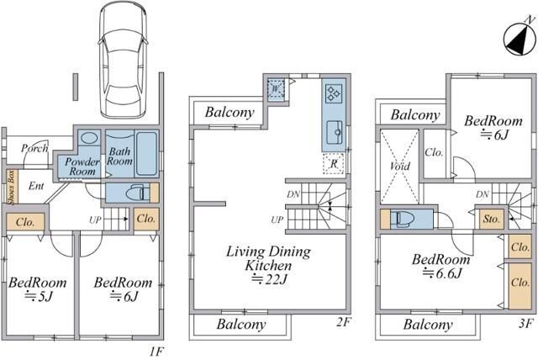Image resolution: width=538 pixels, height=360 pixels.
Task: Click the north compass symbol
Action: (x=520, y=39)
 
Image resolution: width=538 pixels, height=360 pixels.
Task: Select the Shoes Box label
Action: (x=11, y=187)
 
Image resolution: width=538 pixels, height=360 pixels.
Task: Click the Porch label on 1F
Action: (x=34, y=148)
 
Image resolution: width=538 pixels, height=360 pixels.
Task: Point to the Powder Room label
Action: (x=82, y=167)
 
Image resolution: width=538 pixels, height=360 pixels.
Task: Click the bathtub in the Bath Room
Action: (x=146, y=153)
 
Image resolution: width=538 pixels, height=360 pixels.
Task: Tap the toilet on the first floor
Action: (x=138, y=193)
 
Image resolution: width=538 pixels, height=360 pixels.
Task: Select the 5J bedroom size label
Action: (x=39, y=296)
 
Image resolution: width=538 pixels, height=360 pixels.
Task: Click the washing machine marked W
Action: (x=276, y=89)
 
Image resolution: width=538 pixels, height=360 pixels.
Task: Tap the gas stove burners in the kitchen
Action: (x=334, y=93)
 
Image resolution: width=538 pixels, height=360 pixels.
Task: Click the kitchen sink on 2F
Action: (x=335, y=132)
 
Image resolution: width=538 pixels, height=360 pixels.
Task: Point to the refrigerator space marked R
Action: (x=333, y=164)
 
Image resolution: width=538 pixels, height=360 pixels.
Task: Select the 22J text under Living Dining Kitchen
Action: (x=269, y=280)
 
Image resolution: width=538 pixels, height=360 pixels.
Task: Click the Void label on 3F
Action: (x=400, y=166)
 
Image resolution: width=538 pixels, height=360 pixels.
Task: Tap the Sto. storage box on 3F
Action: (x=491, y=219)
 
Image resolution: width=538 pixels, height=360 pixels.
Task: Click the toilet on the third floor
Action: (x=404, y=219)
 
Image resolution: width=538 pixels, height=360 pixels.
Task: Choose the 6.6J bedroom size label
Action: (x=442, y=273)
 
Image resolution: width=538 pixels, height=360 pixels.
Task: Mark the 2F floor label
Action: (x=344, y=321)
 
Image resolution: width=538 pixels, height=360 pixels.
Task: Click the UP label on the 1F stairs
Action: (x=95, y=220)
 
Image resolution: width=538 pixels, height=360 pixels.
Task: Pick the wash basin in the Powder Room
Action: (x=89, y=138)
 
